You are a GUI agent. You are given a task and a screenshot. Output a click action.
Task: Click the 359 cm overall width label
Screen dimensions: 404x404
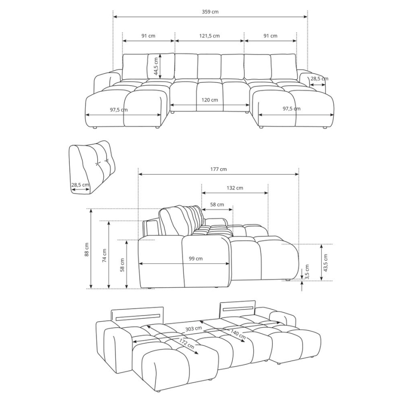coord(210,12)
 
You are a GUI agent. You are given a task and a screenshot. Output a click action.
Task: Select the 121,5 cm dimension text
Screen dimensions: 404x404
coord(209,36)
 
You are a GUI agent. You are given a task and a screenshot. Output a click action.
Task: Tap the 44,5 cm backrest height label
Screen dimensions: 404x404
coord(157,66)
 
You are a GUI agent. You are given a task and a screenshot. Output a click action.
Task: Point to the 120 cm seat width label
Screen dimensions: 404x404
coord(210,100)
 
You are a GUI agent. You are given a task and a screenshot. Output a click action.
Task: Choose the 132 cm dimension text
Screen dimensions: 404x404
coord(235,188)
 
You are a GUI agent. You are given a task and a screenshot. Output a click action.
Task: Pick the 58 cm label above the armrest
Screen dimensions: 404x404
coord(217,204)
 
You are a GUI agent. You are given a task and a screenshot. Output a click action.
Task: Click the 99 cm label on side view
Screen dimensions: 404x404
coord(195,259)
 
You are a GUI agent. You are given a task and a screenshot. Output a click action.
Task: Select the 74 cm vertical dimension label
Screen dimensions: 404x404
coord(105,256)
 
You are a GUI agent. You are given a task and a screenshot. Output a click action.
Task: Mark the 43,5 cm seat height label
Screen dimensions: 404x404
coord(325,263)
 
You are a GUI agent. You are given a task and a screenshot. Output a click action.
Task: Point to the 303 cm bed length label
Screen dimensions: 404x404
coord(195,328)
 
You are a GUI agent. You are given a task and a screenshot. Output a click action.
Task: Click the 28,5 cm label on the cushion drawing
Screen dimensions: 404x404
coord(80,185)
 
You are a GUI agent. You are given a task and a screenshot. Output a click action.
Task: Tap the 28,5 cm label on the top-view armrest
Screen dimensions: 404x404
coord(319,79)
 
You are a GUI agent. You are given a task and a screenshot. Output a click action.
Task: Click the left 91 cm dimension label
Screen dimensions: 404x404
coord(148,36)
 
